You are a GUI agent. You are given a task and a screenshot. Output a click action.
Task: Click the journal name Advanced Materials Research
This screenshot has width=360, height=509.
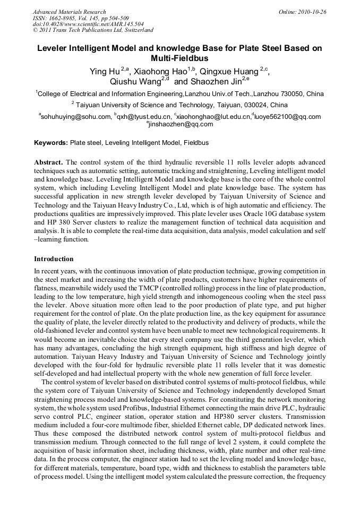[69, 11]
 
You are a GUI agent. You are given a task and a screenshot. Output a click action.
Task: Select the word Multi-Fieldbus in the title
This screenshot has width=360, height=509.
[179, 58]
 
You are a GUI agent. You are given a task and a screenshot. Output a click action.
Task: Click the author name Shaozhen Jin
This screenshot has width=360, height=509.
[215, 82]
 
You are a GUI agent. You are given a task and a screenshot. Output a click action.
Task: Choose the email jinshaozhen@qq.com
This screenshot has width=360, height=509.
[181, 124]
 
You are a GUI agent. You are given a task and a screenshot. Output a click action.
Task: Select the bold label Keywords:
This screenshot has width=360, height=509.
[51, 143]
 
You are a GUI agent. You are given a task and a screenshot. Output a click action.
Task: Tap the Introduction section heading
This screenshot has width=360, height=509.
[54, 259]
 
